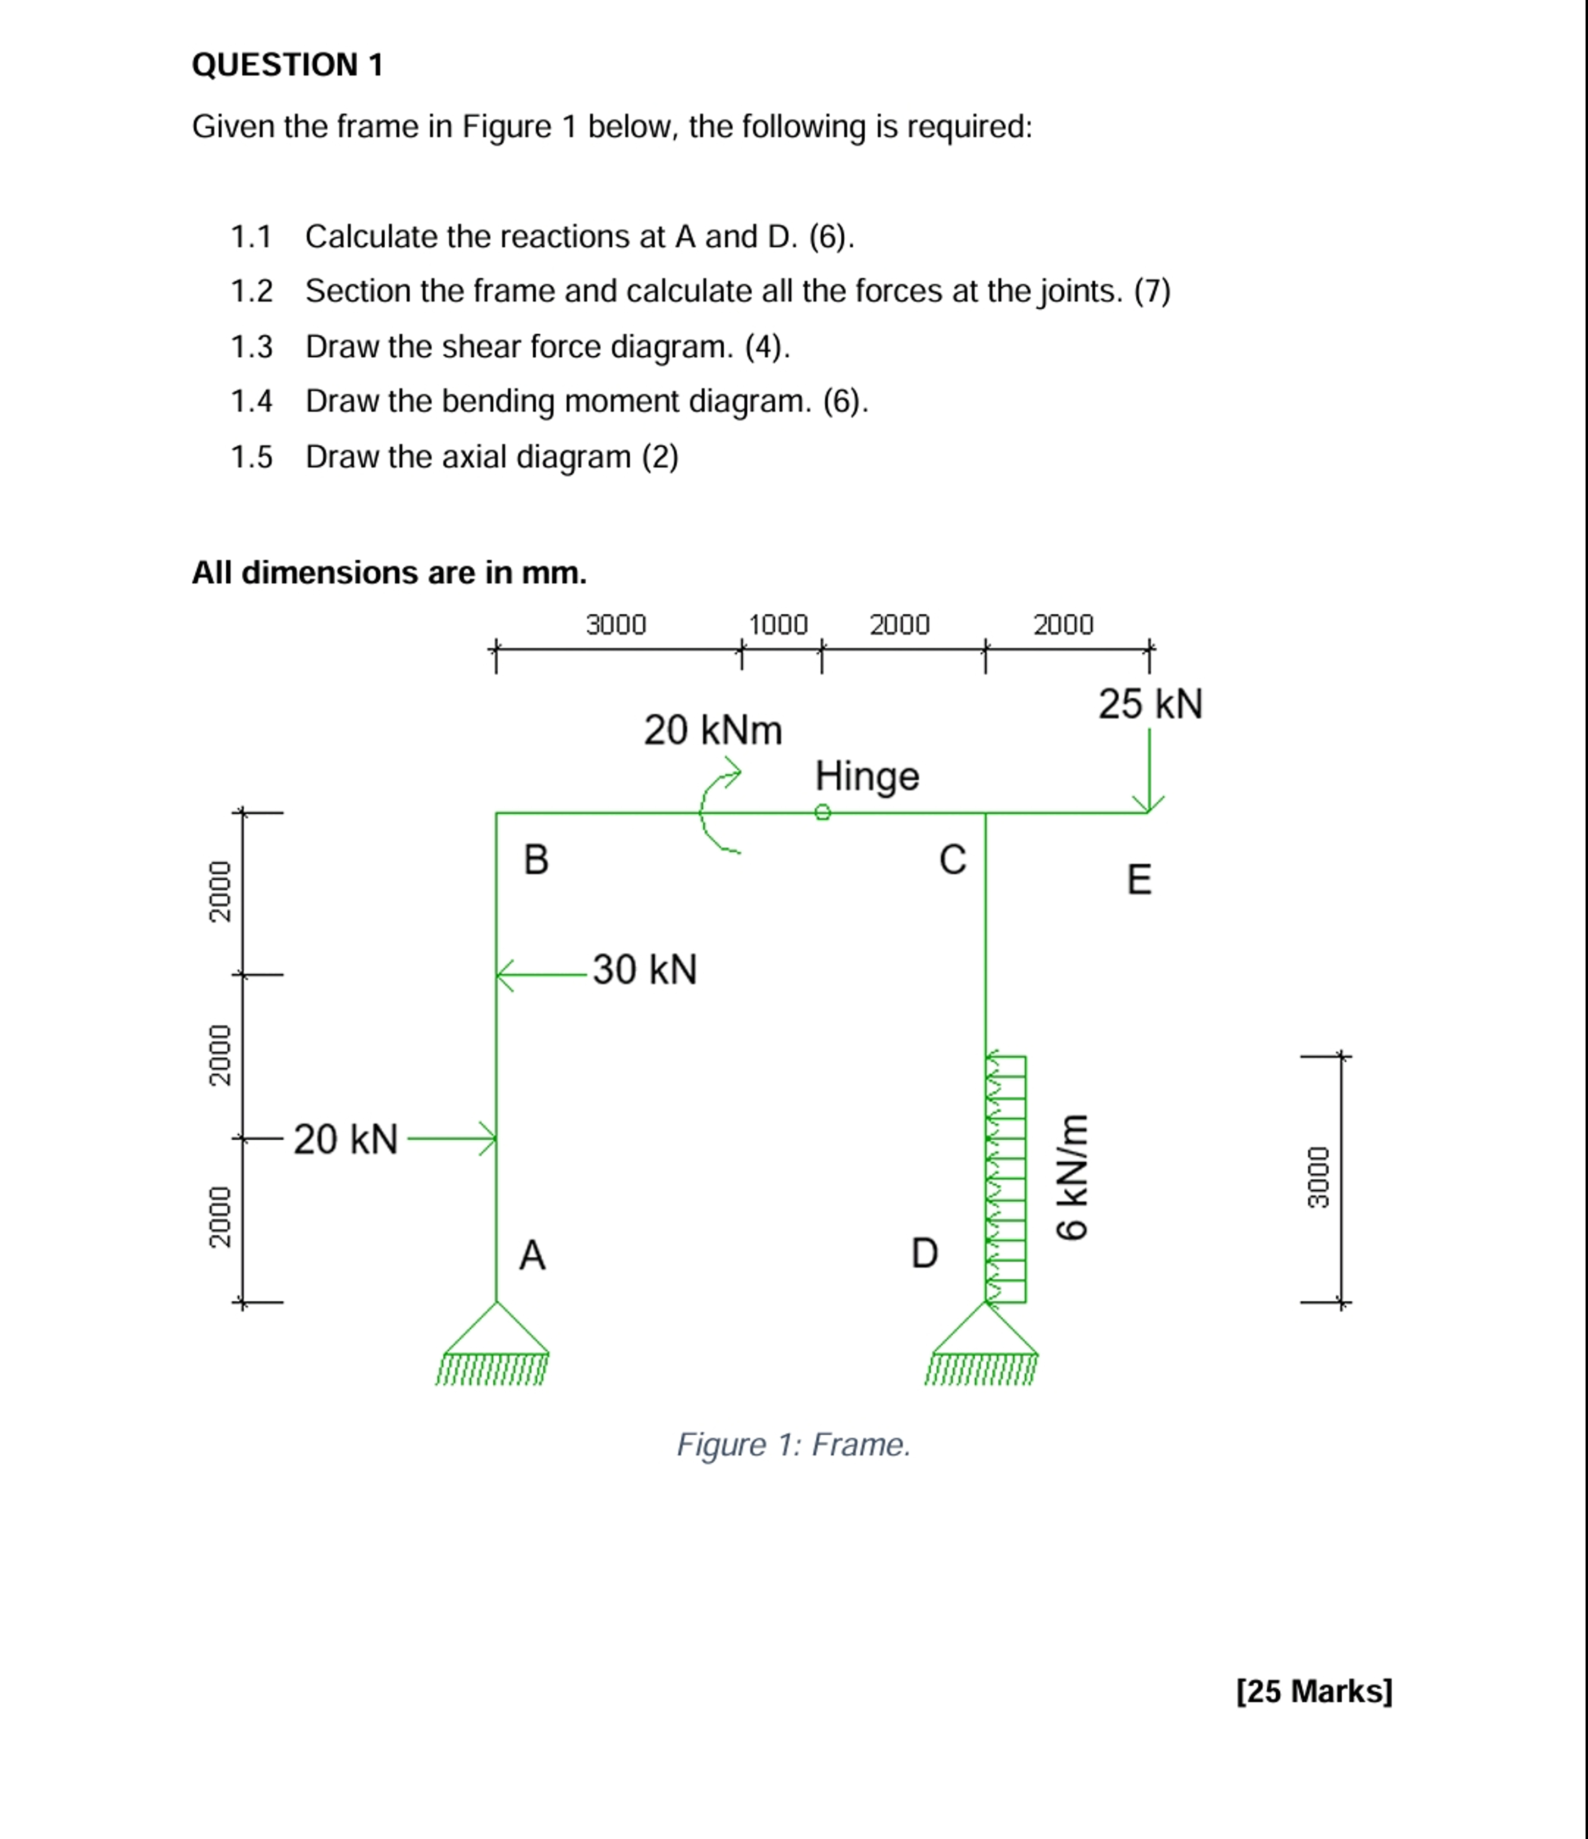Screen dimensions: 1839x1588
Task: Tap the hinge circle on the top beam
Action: point(823,812)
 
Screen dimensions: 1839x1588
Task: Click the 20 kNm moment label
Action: point(713,731)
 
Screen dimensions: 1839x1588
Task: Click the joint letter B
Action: point(536,859)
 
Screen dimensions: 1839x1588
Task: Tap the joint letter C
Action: point(952,859)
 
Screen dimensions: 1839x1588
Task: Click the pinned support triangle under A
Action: point(495,1332)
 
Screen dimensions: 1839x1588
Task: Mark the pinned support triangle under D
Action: point(985,1332)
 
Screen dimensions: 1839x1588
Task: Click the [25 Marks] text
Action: point(1314,1691)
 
